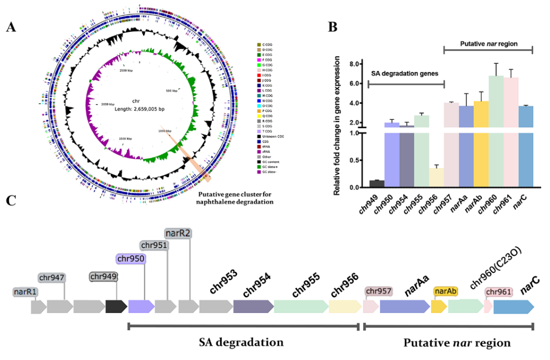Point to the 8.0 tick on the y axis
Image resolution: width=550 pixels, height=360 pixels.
click(360, 64)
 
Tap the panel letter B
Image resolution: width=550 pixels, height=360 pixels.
click(333, 25)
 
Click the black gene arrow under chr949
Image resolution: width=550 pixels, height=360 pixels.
click(116, 307)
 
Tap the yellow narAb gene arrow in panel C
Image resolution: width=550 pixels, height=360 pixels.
click(438, 306)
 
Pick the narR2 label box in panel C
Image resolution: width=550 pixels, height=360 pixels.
click(178, 234)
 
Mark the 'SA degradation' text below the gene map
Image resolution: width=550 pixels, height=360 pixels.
click(242, 343)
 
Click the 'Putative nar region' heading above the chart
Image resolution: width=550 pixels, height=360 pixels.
click(487, 43)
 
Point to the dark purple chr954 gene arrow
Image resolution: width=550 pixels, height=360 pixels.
click(253, 307)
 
